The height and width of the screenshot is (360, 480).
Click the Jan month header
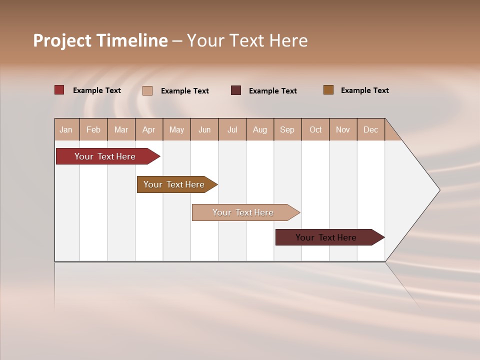pos(66,129)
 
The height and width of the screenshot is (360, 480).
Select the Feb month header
pos(93,129)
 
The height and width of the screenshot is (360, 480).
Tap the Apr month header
pos(148,129)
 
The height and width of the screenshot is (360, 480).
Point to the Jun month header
pos(204,129)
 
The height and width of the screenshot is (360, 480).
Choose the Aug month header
pos(259,129)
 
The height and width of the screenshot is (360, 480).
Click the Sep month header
pos(287,129)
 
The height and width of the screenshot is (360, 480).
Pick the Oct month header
pos(315,129)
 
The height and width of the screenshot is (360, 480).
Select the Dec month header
pos(370,129)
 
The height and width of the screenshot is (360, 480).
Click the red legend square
pos(59,90)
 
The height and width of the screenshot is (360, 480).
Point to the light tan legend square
pos(147,90)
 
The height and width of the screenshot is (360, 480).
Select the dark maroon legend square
pos(236,90)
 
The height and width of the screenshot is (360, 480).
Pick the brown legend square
pos(328,90)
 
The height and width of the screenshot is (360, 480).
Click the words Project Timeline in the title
pos(100,40)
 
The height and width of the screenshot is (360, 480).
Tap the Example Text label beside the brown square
pos(364,90)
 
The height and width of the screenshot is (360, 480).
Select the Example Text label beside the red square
pos(97,90)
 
